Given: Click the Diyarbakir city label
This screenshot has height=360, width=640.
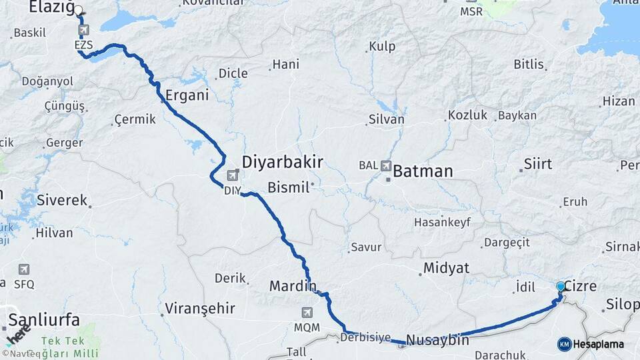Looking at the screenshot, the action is click(x=282, y=162).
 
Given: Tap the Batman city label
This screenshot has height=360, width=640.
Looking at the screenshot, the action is click(x=423, y=171).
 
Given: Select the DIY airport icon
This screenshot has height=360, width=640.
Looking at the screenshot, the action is click(x=233, y=176).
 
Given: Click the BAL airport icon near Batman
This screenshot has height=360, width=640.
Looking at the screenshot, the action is click(x=386, y=165).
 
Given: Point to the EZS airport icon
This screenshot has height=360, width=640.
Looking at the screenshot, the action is click(x=83, y=31).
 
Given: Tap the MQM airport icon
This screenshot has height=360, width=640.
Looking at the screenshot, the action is click(x=307, y=312).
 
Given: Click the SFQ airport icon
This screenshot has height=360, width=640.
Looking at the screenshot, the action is click(x=24, y=269).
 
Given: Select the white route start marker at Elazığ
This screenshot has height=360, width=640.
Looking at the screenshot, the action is click(x=79, y=11).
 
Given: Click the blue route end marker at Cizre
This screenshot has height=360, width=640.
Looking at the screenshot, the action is click(x=561, y=287).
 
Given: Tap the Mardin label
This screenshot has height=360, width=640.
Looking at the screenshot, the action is click(x=293, y=286).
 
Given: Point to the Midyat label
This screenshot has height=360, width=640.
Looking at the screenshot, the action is click(x=445, y=268).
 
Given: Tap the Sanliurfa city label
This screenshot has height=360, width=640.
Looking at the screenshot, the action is click(x=44, y=319).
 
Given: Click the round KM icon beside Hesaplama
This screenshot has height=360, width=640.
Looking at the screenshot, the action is click(x=565, y=344).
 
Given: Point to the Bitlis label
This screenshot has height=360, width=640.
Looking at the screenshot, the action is click(x=529, y=65).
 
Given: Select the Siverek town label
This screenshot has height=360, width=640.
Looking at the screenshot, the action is click(x=62, y=199).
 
